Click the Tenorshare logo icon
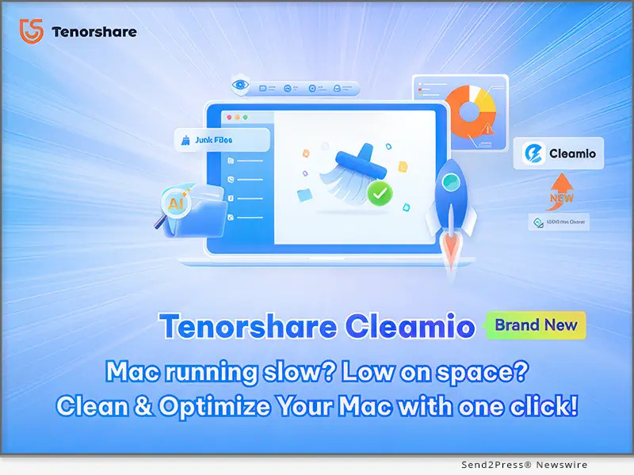click(x=31, y=32)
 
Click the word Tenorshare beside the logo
click(x=94, y=32)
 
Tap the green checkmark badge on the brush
click(x=381, y=192)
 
